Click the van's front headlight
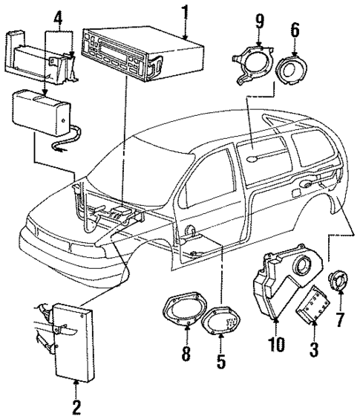(x=39, y=224)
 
